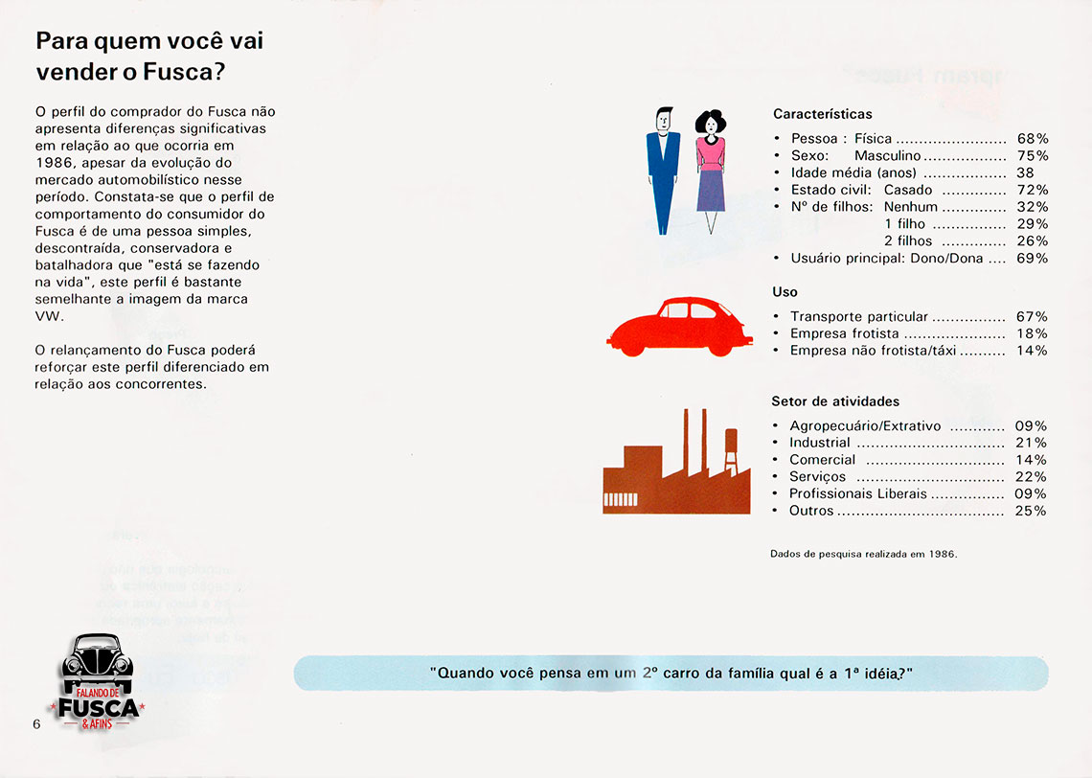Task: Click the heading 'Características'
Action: tap(823, 114)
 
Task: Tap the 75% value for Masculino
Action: tap(1033, 155)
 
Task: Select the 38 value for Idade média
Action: tap(1025, 172)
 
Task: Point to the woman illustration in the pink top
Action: tap(710, 170)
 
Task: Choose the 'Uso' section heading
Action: tap(785, 291)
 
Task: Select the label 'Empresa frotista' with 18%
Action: tap(845, 333)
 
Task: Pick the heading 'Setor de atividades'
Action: tap(835, 401)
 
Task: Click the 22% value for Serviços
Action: tap(1032, 476)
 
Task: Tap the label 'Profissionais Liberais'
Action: tap(858, 493)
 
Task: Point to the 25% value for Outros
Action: tap(1032, 511)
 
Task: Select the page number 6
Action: tap(36, 724)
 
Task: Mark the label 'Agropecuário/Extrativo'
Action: tap(865, 425)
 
